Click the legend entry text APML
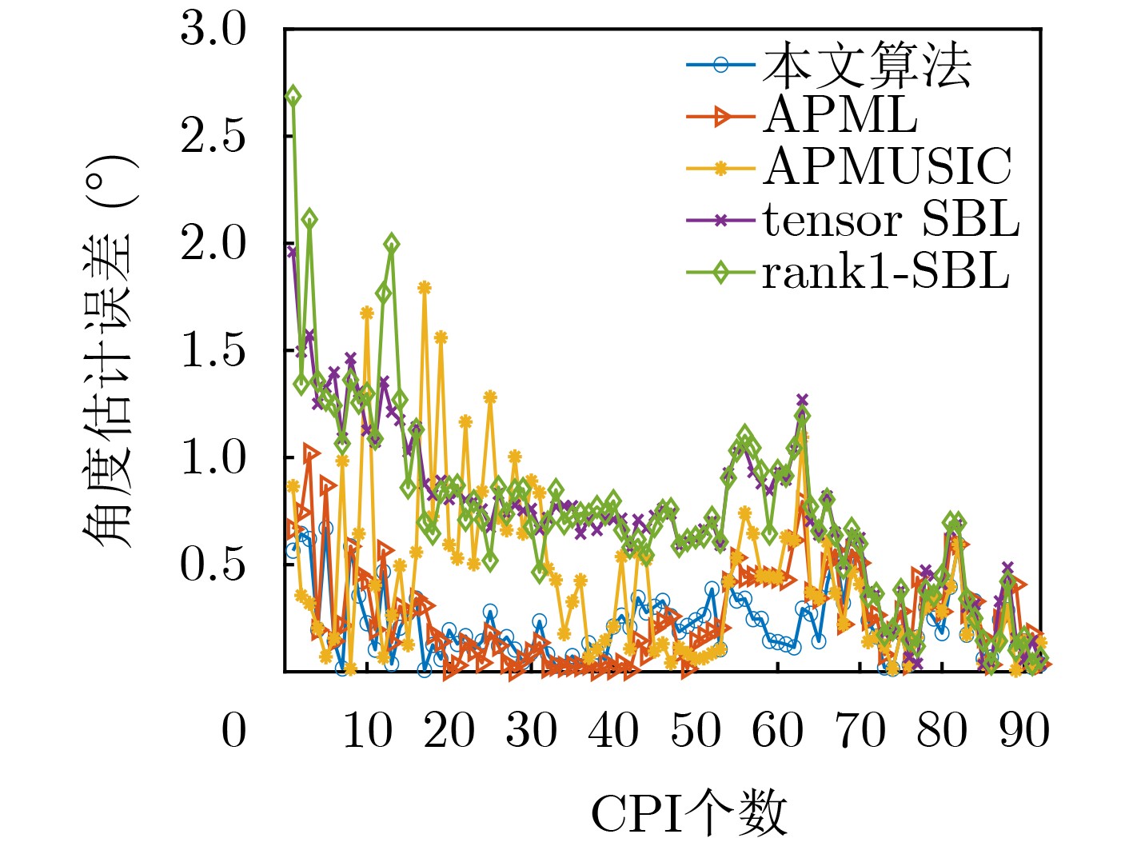[x=840, y=116]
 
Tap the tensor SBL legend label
[x=891, y=220]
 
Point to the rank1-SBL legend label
[x=885, y=273]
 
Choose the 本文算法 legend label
[x=867, y=66]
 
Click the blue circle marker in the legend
[x=720, y=65]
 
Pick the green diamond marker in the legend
[x=720, y=273]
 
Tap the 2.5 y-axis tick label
[x=213, y=137]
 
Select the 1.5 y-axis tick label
[x=213, y=350]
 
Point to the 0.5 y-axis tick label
[x=213, y=565]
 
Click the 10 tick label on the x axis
[x=367, y=731]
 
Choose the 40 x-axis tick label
[x=613, y=731]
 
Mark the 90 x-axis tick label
[x=1024, y=731]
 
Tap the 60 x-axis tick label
[x=778, y=731]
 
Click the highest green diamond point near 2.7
[x=293, y=96]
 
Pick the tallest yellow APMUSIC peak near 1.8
[x=425, y=288]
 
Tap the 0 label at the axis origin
[x=233, y=731]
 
